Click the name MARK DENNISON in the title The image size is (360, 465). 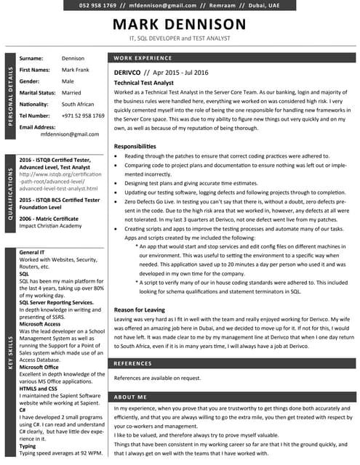tap(179, 25)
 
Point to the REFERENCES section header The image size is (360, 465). tap(133, 363)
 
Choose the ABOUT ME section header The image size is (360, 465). tap(131, 397)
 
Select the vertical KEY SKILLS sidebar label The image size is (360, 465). tap(10, 351)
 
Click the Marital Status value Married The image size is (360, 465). tap(71, 93)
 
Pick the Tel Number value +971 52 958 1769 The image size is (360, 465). tap(83, 116)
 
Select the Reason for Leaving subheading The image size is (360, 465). tap(141, 310)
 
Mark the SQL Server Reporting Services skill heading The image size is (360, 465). tap(56, 302)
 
